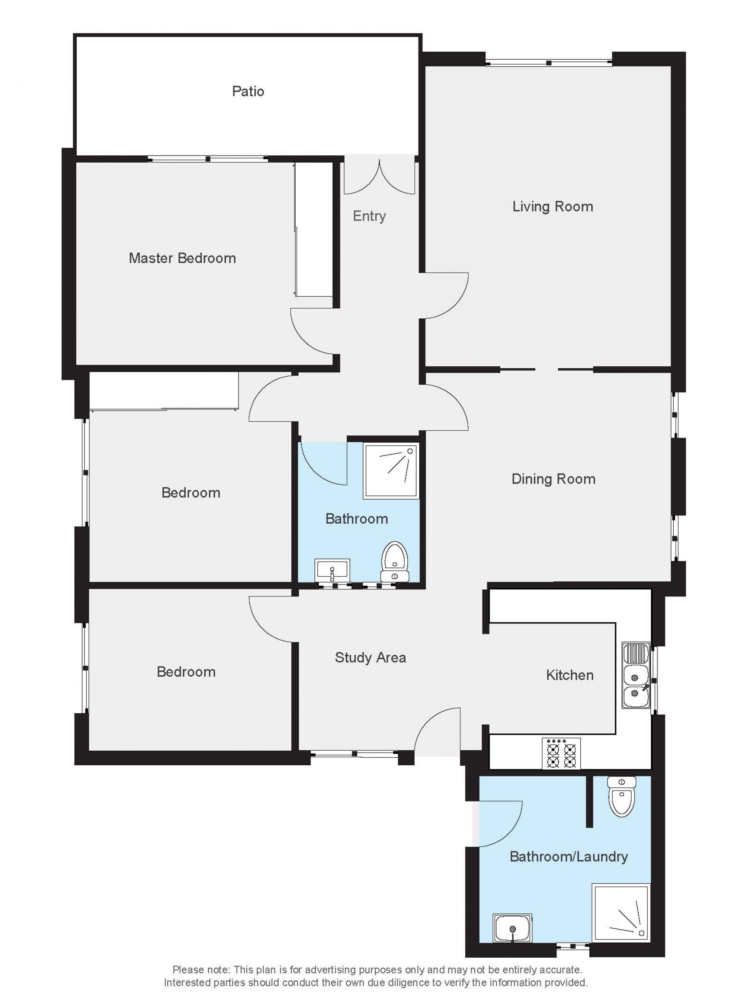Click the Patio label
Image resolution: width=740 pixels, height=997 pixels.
pos(248,91)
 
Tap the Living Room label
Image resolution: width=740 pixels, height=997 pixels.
pos(552,207)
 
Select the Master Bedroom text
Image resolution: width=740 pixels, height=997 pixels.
pos(182,258)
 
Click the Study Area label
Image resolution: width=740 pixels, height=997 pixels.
pos(370,657)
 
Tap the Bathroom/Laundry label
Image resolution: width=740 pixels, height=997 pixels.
pos(569,856)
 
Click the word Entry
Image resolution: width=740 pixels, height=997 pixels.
pos(369,216)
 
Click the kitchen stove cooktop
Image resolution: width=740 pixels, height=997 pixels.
pos(561,753)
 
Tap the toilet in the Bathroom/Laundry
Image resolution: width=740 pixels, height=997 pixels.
pos(621,796)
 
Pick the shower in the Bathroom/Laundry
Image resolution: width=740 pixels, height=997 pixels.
pos(621,912)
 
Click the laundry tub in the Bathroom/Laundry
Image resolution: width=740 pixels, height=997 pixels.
pos(513,928)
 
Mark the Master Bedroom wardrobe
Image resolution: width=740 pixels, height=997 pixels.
pos(314,229)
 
